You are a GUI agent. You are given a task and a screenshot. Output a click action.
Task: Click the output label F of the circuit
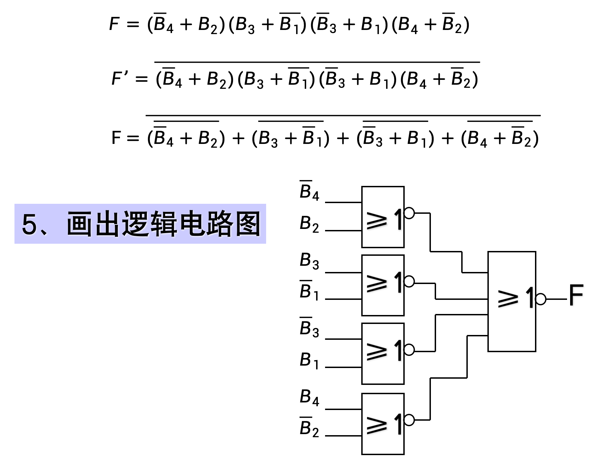click(576, 295)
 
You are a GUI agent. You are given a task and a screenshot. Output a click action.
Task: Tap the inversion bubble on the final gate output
click(541, 299)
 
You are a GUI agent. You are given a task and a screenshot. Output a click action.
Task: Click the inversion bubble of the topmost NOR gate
click(409, 213)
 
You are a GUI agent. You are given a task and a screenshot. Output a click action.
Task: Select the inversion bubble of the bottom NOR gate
click(409, 420)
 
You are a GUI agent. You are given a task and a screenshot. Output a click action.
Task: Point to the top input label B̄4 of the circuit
click(309, 190)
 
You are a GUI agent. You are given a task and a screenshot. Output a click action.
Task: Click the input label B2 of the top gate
click(309, 224)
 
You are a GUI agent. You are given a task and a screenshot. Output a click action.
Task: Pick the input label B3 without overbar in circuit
click(309, 261)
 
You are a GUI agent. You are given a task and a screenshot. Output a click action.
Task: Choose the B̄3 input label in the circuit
click(309, 328)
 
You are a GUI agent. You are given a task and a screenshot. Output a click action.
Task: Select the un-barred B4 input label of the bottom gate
click(309, 397)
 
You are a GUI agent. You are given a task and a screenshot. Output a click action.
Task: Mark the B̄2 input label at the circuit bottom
click(309, 428)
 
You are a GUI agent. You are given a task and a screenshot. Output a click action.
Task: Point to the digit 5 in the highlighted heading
click(29, 224)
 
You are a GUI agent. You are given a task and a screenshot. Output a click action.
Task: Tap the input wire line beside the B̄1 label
click(343, 299)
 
